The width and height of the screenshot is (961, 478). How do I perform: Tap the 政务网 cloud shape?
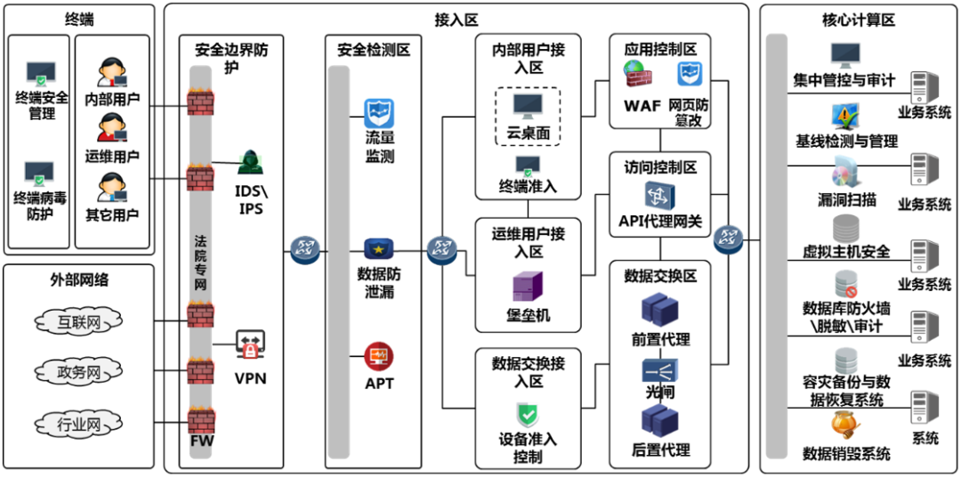(78, 372)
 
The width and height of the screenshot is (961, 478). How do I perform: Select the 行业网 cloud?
(78, 424)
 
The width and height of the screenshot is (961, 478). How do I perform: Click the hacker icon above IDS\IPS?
(252, 160)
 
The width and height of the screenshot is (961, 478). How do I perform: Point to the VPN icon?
(250, 343)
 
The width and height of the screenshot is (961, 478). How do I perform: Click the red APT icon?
(378, 357)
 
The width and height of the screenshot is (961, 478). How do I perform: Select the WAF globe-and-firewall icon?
(636, 75)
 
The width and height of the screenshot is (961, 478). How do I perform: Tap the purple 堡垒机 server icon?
(527, 288)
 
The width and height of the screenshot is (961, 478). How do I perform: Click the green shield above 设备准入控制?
(528, 414)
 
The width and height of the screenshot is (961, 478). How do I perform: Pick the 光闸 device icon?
(659, 370)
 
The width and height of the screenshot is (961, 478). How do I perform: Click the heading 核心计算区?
(858, 20)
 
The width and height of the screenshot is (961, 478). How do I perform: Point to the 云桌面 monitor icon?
(528, 107)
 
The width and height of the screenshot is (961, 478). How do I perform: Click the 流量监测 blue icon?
(379, 113)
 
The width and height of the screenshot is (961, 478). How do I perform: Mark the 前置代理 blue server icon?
(660, 311)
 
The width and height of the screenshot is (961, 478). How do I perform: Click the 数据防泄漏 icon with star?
(379, 248)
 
